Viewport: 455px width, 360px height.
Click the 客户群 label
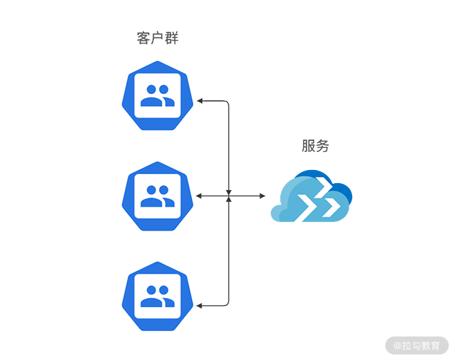coord(157,38)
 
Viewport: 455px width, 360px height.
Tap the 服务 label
coord(315,146)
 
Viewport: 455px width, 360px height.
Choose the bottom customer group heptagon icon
coord(157,296)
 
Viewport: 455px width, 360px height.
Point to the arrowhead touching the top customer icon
coord(200,102)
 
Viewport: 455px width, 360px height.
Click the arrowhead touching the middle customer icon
coord(199,196)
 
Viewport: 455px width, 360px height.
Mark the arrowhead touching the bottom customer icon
coord(200,305)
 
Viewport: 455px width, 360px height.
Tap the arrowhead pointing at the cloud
coord(262,196)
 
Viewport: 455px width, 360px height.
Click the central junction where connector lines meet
coord(229,196)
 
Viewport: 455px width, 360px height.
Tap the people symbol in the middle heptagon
coord(157,196)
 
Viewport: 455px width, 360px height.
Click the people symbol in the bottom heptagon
coord(157,296)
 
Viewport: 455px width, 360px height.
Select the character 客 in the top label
coord(144,38)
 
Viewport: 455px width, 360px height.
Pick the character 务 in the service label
coord(322,146)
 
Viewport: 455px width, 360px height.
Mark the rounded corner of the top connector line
coord(226,104)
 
